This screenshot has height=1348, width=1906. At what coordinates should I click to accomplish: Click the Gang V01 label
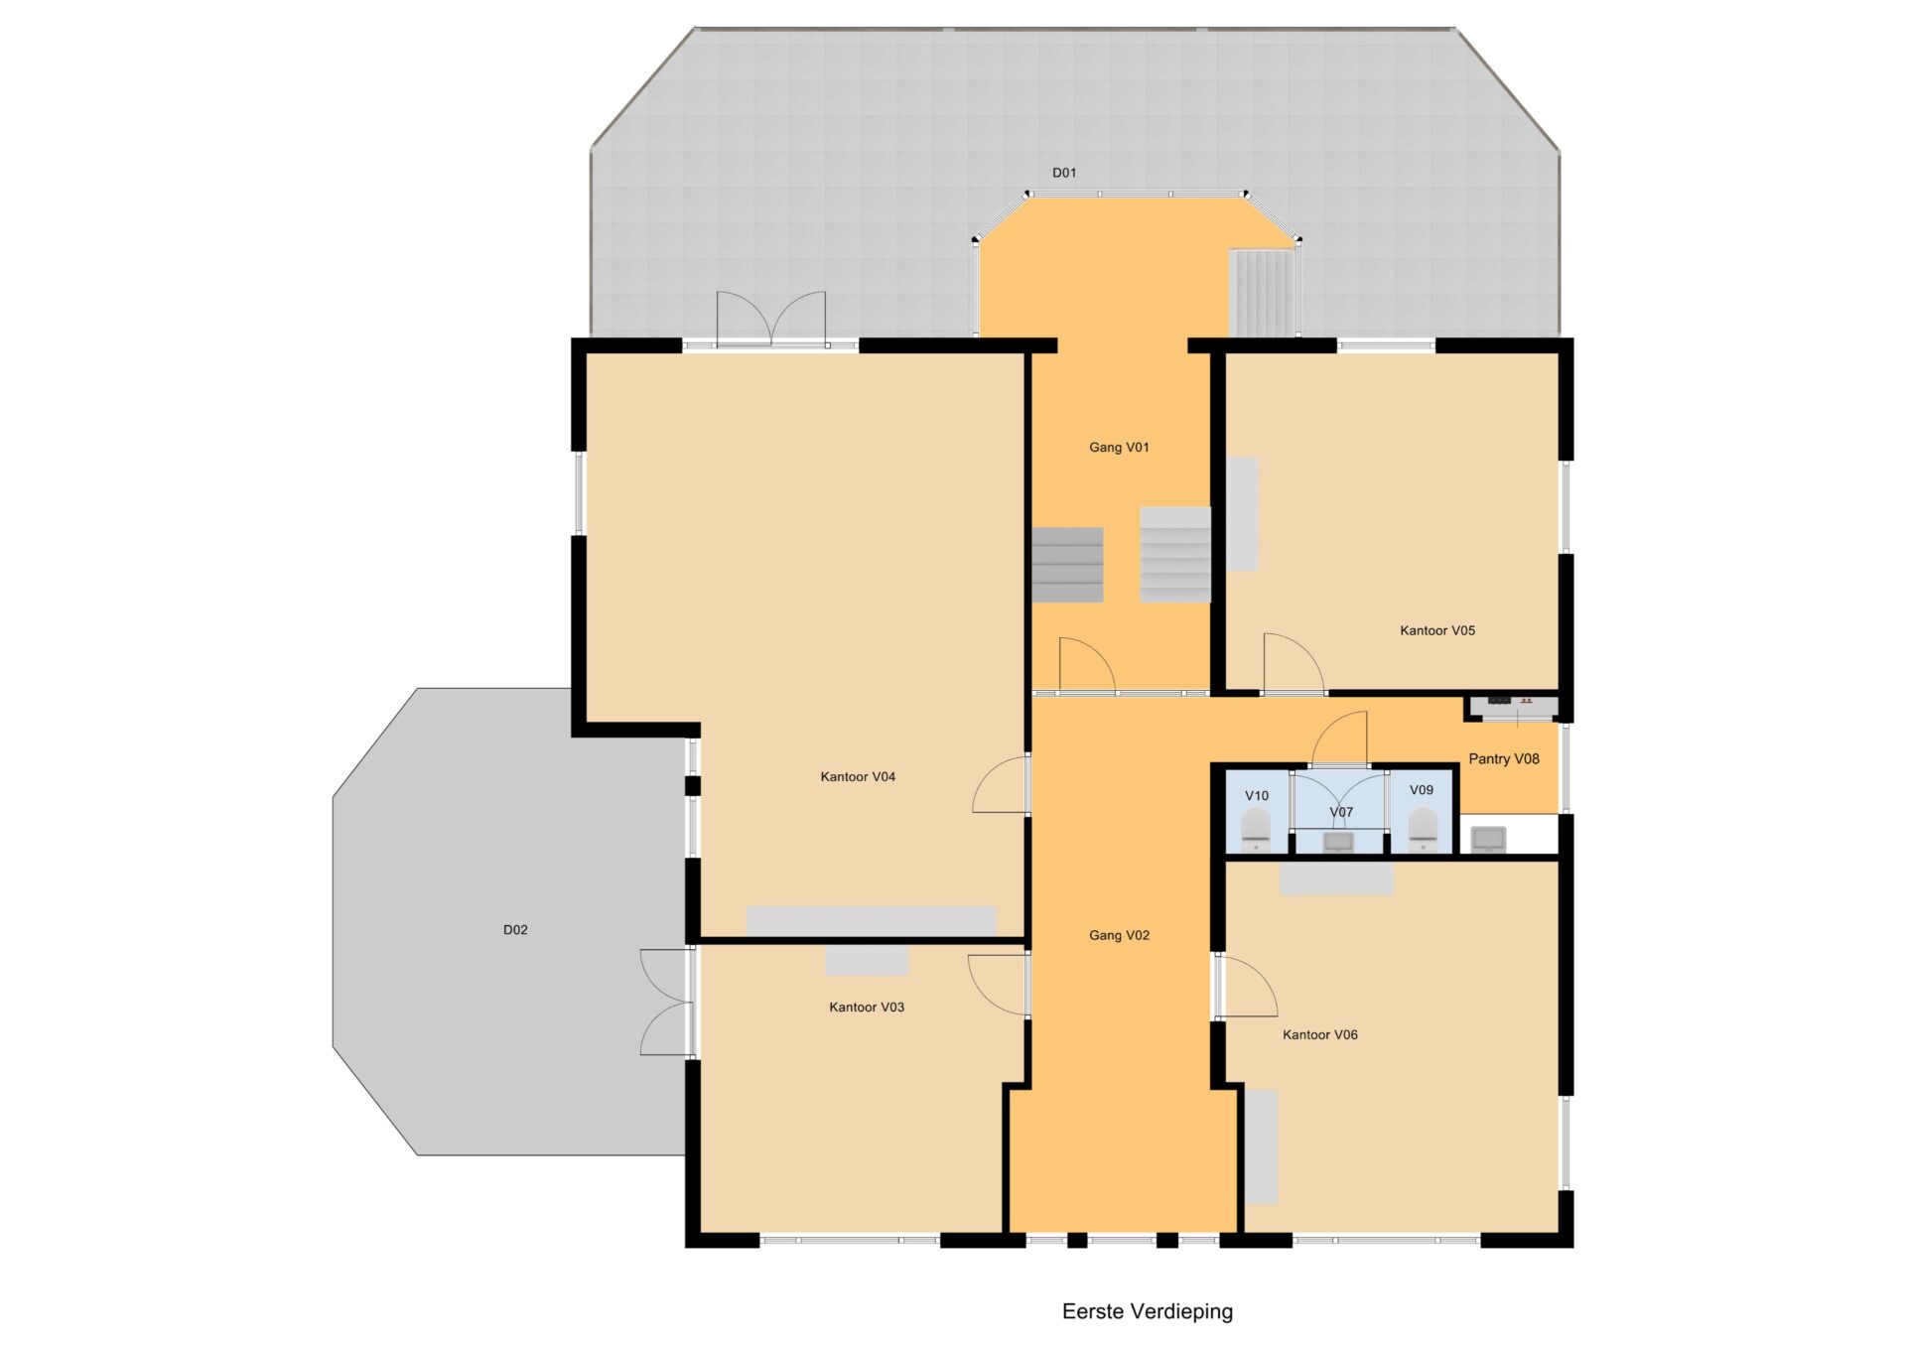click(x=1119, y=448)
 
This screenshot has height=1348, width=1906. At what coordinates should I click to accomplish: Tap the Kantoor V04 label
click(x=858, y=777)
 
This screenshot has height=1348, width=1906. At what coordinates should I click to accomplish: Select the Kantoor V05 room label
click(x=1437, y=630)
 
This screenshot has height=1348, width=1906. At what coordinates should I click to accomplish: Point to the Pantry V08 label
click(x=1504, y=759)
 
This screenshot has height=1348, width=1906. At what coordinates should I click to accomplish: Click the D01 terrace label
click(x=1064, y=173)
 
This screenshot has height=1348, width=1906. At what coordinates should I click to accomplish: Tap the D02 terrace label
click(x=515, y=930)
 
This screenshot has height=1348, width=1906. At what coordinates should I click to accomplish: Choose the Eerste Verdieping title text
click(x=1148, y=1311)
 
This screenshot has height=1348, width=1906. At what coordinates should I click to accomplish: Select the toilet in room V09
click(x=1423, y=830)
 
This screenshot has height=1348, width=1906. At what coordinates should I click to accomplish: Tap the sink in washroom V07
click(x=1338, y=843)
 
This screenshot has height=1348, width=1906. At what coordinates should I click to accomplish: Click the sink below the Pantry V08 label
click(x=1488, y=840)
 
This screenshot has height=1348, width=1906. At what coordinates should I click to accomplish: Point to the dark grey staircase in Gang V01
click(x=1067, y=565)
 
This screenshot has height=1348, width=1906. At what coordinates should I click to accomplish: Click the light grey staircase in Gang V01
click(x=1175, y=555)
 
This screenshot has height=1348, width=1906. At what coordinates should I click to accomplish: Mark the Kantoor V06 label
click(x=1319, y=1035)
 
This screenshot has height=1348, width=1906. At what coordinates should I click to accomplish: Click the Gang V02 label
click(x=1119, y=935)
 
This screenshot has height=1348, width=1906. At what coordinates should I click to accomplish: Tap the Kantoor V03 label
click(x=867, y=1008)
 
